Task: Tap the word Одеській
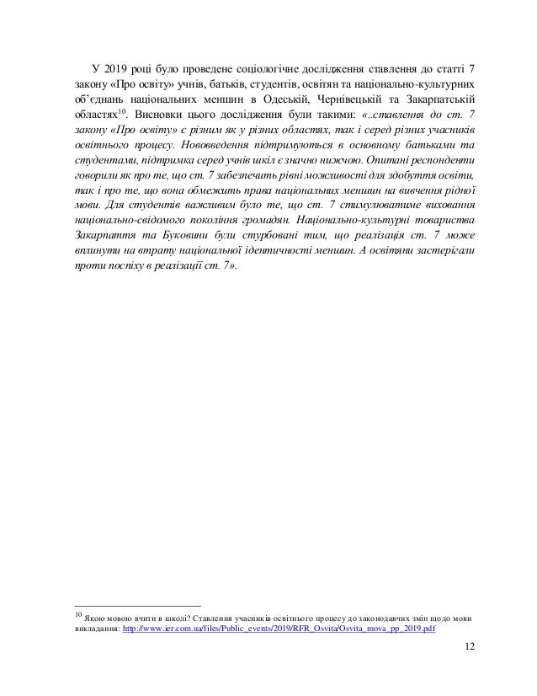[271, 104]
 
